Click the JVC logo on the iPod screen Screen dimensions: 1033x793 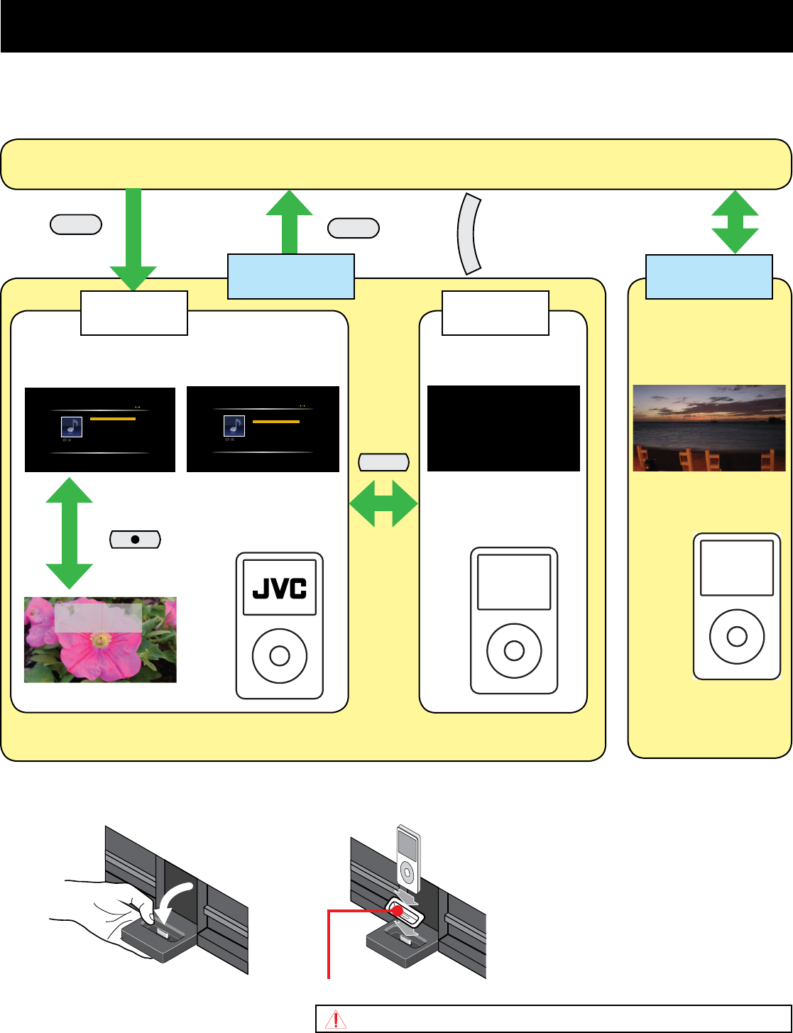point(280,588)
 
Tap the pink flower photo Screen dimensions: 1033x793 point(100,640)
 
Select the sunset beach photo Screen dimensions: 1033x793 point(709,428)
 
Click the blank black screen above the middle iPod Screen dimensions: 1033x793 point(503,428)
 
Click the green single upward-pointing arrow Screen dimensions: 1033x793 point(289,222)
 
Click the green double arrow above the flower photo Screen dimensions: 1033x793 point(70,533)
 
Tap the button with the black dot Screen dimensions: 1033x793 point(136,540)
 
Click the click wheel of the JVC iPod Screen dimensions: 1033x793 point(280,655)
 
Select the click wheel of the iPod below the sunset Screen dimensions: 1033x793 point(736,635)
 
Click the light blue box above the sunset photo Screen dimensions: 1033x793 point(709,277)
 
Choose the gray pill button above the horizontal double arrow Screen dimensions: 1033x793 point(384,463)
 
